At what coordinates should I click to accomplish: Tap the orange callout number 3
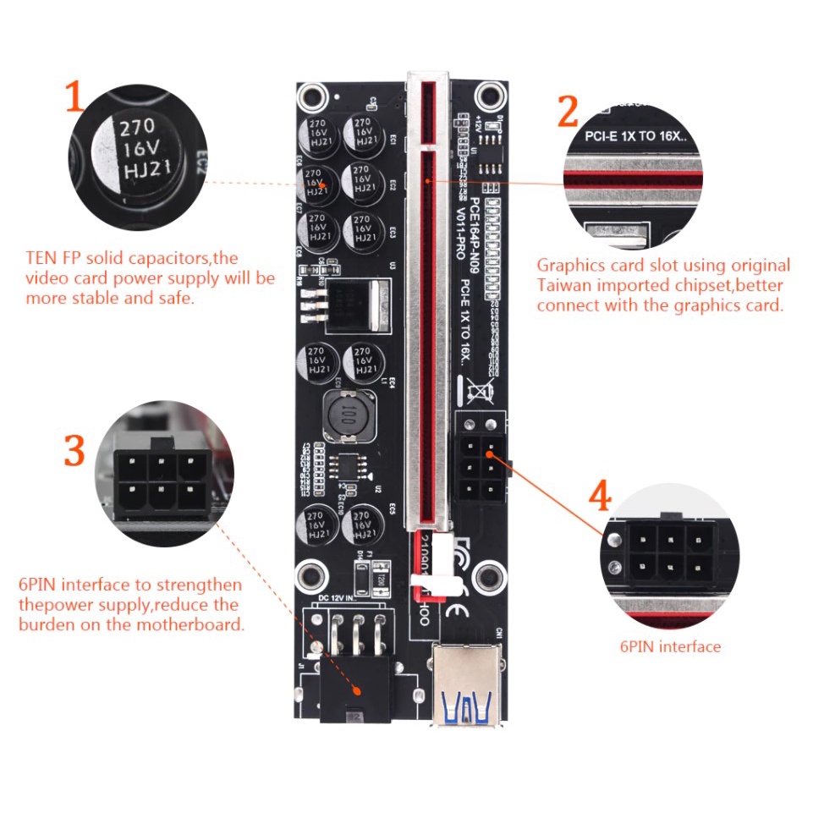(74, 451)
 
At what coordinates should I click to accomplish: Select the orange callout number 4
(600, 497)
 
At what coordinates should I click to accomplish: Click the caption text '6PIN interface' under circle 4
(670, 647)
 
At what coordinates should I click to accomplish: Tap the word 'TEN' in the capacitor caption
(42, 258)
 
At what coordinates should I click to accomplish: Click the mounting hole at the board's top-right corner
(489, 92)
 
